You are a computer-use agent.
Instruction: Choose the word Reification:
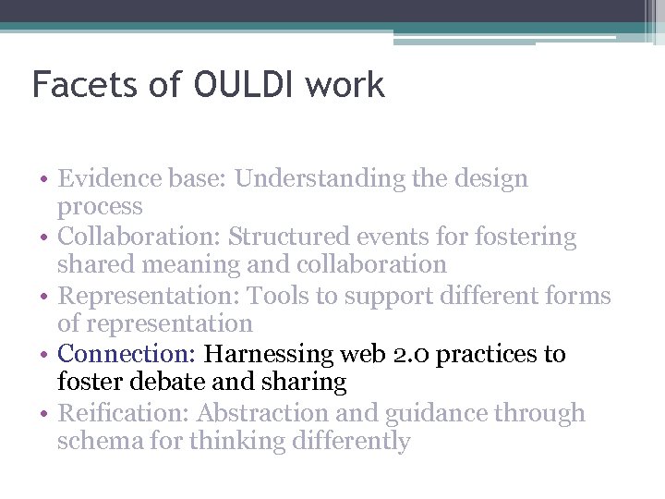pyautogui.click(x=123, y=413)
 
